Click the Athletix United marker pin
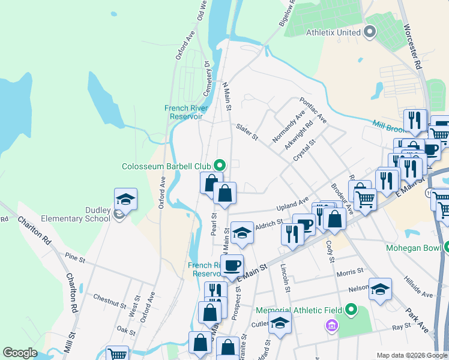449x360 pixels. coord(370,32)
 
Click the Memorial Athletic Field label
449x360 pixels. coord(299,310)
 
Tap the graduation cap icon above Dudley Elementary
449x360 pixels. coord(126,199)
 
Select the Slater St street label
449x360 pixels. coord(247,133)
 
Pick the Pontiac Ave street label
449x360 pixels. coord(313,110)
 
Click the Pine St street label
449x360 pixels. coord(76,257)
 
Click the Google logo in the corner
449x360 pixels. coord(20,353)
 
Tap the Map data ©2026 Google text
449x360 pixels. coord(412,355)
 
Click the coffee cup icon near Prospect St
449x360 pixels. coord(232,265)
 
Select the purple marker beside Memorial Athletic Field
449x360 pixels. coord(330,326)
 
